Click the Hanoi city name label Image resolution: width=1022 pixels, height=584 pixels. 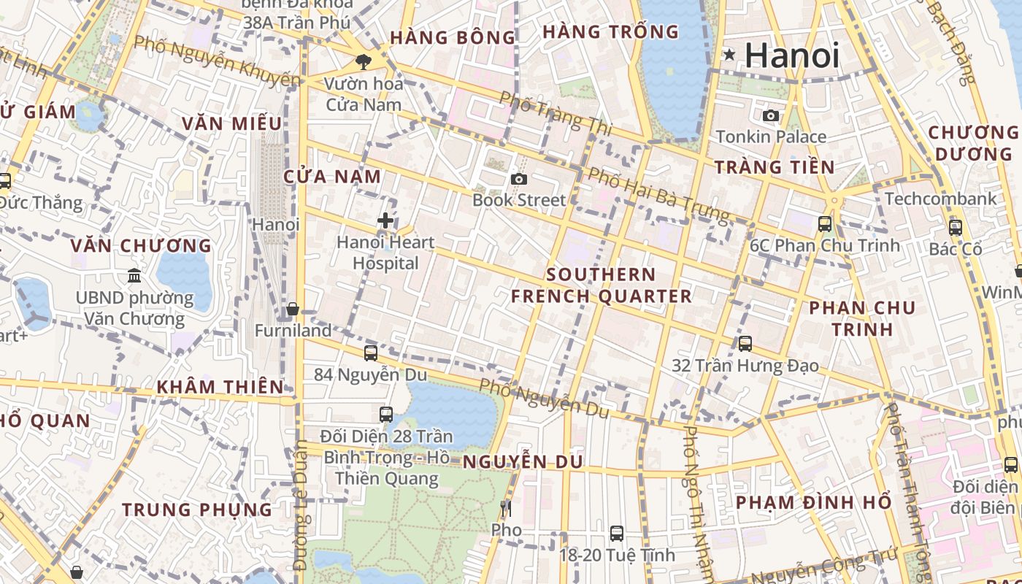coord(792,55)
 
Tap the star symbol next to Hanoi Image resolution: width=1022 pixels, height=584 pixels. coord(729,55)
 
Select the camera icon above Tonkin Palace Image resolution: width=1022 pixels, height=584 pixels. coord(770,115)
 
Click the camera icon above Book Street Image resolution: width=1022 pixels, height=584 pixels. coord(518,179)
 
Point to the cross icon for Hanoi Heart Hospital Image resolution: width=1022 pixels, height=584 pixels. coord(385,220)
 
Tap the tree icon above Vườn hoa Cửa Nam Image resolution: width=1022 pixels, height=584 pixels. coord(363,62)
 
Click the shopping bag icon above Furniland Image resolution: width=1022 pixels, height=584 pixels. coord(293,310)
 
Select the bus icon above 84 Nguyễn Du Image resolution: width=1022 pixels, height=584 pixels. coord(371,353)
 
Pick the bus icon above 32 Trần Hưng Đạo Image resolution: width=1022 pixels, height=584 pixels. coord(745,344)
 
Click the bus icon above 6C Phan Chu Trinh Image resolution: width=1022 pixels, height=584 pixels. coord(825,224)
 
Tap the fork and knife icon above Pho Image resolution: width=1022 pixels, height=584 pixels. coord(505,508)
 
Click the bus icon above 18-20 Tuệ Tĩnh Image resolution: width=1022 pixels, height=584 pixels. coord(617,534)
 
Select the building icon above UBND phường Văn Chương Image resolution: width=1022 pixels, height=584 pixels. coord(134,276)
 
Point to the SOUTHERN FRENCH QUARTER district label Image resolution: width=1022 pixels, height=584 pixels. coord(601,285)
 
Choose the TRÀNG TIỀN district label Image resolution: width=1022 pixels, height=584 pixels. coord(775,167)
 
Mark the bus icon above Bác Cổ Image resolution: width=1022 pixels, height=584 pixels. coord(955,228)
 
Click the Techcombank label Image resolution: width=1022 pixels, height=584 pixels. coord(940,199)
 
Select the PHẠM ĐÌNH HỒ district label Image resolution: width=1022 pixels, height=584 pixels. coord(813,502)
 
